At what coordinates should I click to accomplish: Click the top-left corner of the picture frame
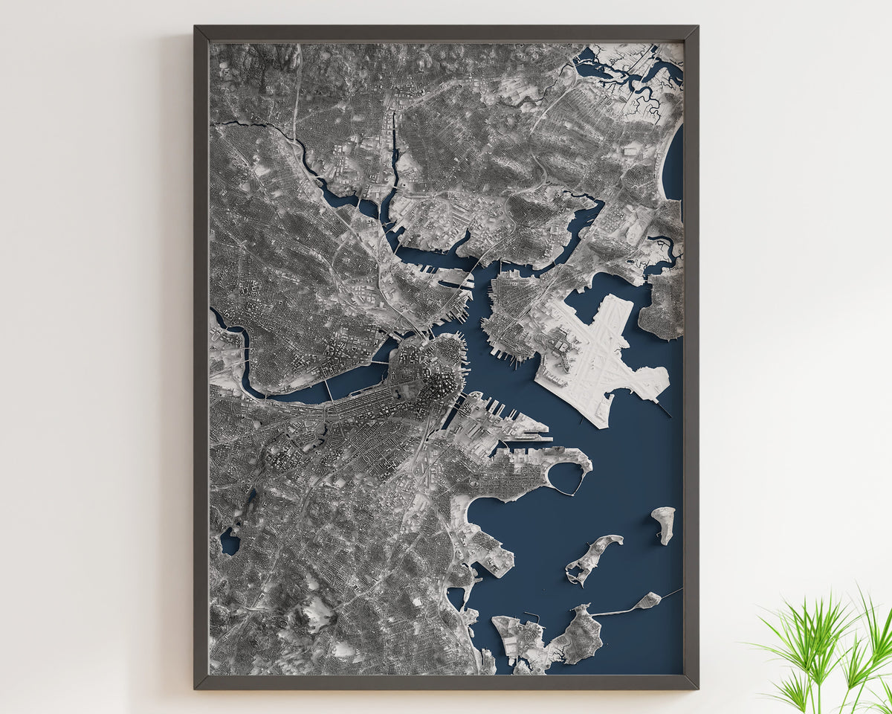196,28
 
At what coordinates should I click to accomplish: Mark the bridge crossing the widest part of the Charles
328,391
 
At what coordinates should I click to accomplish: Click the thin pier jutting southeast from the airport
662,408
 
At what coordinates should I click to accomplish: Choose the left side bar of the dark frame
201,357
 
